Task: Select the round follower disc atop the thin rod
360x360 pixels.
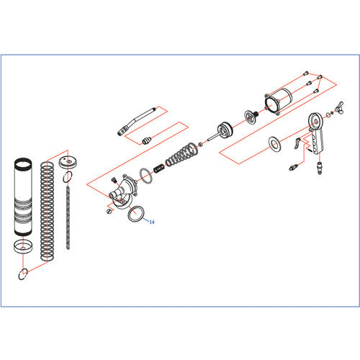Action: point(69,161)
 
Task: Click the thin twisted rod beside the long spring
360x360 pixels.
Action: point(69,216)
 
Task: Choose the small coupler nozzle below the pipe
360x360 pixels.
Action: point(146,138)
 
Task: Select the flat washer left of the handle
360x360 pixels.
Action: point(275,143)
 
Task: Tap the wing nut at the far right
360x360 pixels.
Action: point(336,111)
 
